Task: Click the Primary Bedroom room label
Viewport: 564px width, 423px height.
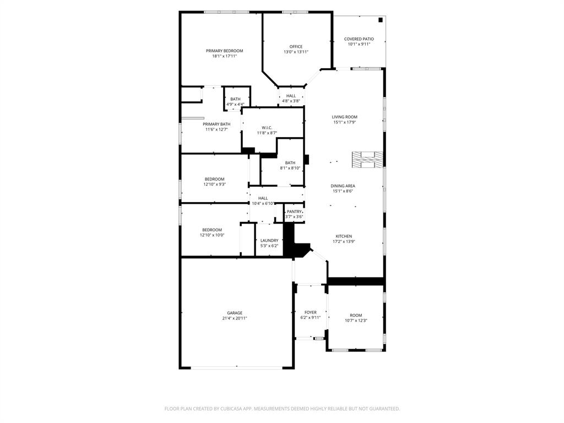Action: coord(224,51)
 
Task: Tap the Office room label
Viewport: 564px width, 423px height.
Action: coord(296,47)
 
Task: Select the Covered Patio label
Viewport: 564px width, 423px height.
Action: coord(359,39)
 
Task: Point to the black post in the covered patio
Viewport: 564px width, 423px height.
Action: coord(380,20)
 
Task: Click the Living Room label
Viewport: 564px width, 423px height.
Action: coord(344,117)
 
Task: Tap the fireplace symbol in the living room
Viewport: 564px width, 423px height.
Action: coord(367,160)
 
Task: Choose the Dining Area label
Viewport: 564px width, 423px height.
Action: coord(343,186)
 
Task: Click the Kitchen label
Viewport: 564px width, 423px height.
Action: coord(344,236)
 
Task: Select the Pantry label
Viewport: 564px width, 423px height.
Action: coord(294,211)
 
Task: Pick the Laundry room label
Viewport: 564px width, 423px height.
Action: coord(269,240)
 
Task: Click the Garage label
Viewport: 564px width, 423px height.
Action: coord(235,313)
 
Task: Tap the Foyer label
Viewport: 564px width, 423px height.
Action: coord(310,312)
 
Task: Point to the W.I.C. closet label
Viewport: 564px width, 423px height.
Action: coord(267,128)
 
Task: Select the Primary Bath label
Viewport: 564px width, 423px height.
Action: coord(216,124)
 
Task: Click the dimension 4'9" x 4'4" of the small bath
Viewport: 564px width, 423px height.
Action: coord(235,104)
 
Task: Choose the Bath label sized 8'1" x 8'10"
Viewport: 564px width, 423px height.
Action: coord(290,162)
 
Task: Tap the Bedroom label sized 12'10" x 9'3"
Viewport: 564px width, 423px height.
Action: coord(214,179)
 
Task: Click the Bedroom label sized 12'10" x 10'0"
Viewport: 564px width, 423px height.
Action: coord(211,230)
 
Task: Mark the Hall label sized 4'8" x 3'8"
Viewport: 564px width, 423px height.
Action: coord(291,96)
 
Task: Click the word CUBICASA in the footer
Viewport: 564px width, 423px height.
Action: coord(223,409)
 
